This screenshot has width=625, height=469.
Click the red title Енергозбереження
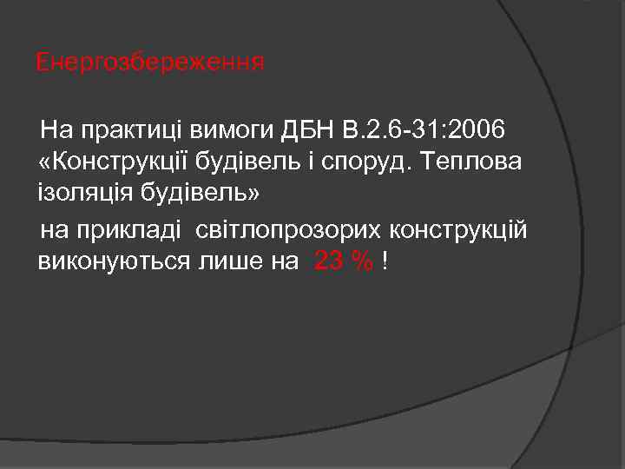pos(149,63)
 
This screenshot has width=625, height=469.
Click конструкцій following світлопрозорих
pos(457,231)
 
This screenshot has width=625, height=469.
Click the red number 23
pos(327,261)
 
